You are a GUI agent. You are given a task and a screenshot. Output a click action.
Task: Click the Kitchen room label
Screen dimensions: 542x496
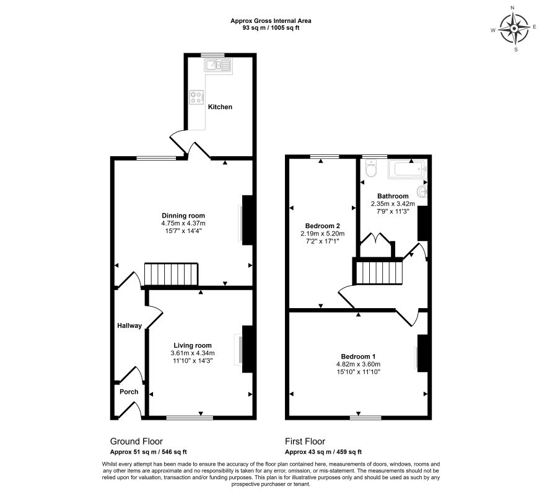coord(220,107)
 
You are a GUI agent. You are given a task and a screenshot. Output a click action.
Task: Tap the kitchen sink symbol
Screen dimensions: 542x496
coord(218,64)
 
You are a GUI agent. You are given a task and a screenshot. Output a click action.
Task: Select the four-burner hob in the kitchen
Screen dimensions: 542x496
coord(197,97)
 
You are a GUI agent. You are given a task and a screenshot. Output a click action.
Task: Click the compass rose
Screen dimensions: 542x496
coord(515,29)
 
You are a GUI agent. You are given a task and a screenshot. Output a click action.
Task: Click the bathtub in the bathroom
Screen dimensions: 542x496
coord(408,169)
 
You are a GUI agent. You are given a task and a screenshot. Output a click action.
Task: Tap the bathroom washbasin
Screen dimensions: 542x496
coord(422,191)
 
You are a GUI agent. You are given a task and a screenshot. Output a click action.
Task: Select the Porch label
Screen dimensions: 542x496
coord(129,392)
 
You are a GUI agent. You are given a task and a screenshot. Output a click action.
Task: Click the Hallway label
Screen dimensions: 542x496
coord(129,326)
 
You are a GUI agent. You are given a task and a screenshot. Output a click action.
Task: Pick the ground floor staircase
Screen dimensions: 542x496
coord(171,274)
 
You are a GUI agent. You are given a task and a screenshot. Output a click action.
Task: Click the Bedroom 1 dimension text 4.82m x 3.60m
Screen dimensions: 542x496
coord(358,364)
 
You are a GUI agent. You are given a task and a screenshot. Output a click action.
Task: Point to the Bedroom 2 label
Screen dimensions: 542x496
coord(323,226)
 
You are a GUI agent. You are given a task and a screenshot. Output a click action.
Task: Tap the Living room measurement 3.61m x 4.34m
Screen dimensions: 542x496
coord(193,353)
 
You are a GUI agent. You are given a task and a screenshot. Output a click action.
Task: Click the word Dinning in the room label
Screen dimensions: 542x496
coord(174,216)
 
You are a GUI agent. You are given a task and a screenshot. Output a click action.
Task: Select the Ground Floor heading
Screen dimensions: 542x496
coord(136,441)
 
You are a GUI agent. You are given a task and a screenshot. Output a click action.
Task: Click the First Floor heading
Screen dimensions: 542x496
coord(305,441)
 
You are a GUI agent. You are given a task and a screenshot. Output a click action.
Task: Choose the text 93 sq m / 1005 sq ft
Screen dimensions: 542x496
coord(271,28)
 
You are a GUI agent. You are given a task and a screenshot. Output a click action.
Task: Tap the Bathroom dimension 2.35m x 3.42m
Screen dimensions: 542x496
coord(393,204)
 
